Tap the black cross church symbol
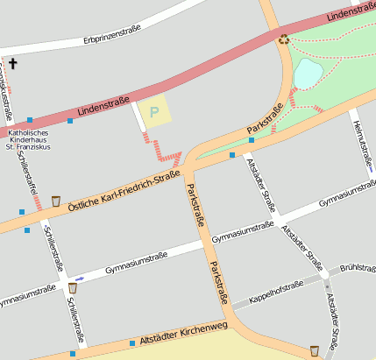point(12,63)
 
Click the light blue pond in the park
point(308,74)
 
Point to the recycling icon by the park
point(283,39)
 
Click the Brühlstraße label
point(357,267)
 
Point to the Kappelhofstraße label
point(276,292)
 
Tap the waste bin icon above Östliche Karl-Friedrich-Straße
point(56,201)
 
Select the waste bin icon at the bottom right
point(314,351)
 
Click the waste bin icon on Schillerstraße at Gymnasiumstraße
point(72,287)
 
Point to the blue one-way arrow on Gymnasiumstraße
point(80,279)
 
